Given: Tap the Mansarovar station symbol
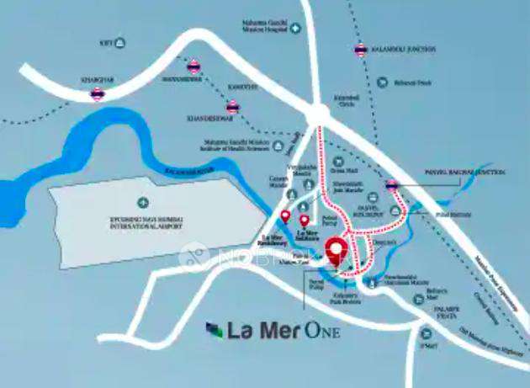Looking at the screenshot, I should click(194, 64).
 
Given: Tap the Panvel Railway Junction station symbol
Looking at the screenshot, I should click(391, 183).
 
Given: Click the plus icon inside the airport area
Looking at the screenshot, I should click(142, 202).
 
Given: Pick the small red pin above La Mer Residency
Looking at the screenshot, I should click(285, 217).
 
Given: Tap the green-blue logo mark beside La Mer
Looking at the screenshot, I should click(215, 329).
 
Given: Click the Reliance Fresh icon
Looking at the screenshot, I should click(382, 82).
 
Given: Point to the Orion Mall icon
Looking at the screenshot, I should click(338, 161).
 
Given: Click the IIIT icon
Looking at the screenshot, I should click(121, 41).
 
